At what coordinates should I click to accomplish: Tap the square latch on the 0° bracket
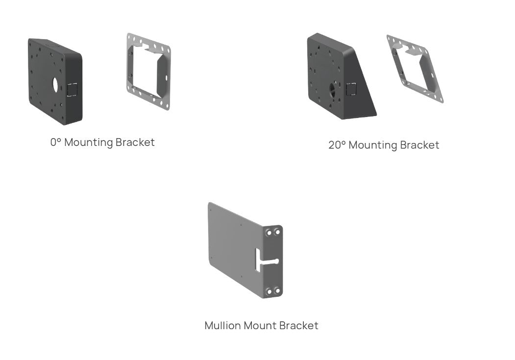tap(72, 89)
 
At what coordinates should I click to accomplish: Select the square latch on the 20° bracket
tap(351, 89)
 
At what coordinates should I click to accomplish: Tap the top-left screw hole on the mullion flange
tap(268, 233)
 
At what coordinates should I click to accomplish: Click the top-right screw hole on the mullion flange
tap(277, 232)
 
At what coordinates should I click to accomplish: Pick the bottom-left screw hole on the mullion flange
tap(268, 291)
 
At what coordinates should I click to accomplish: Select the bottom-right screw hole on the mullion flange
tap(277, 291)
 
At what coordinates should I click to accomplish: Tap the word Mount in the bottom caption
tap(258, 326)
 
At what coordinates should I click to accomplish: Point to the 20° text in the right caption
tap(337, 145)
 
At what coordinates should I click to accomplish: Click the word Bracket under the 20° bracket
tap(419, 145)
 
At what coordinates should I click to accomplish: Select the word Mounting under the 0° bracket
tap(89, 143)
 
